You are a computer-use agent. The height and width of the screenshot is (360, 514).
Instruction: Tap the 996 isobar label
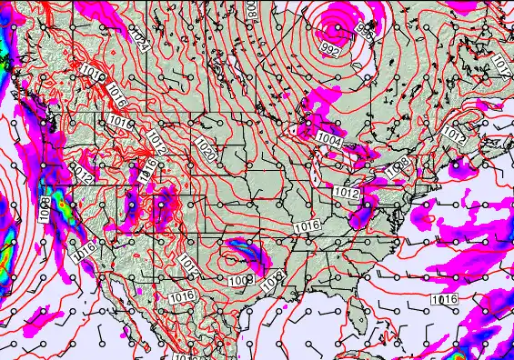coord(365,34)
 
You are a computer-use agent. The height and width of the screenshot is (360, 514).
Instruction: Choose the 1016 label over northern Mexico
coord(182,296)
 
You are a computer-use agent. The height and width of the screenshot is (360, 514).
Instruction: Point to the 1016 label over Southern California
coord(85,245)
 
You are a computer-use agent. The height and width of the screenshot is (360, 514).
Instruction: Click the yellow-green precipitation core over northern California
coord(66,209)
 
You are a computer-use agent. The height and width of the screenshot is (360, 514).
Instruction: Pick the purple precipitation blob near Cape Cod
coord(456,165)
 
